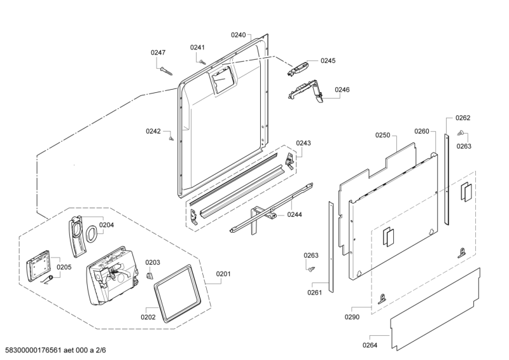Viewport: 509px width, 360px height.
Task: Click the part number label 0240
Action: (x=238, y=35)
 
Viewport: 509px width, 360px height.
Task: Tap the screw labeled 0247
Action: (x=166, y=71)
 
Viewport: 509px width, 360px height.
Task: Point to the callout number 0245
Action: (x=328, y=60)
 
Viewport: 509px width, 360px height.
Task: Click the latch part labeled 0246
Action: (x=305, y=92)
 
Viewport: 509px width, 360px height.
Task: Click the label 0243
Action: (x=303, y=143)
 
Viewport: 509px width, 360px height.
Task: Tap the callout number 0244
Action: (x=295, y=214)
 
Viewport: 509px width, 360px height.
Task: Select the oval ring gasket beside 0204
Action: (x=92, y=233)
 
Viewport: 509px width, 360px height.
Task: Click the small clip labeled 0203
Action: (x=150, y=276)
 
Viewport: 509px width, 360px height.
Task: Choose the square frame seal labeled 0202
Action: (x=177, y=294)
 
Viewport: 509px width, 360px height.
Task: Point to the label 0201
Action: (x=223, y=274)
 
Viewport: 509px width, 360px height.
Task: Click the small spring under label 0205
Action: (x=47, y=279)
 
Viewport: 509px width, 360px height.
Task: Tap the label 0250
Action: (x=383, y=135)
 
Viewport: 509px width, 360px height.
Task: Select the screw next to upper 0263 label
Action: (x=460, y=133)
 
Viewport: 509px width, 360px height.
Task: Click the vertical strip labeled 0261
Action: (x=331, y=247)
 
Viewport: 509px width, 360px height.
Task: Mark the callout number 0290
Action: (x=352, y=317)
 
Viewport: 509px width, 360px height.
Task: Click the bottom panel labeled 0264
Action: (x=435, y=310)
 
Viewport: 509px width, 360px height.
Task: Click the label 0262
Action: (x=463, y=118)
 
